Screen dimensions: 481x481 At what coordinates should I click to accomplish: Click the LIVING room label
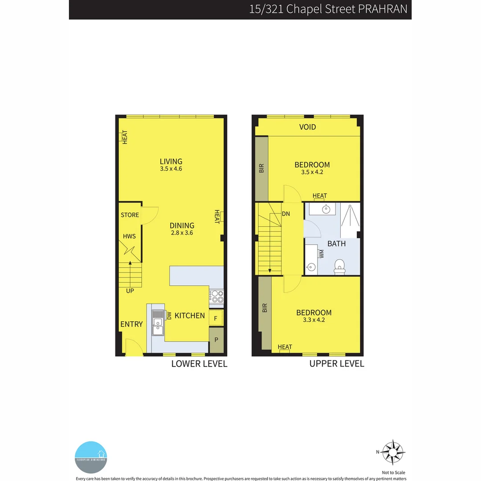click(x=171, y=162)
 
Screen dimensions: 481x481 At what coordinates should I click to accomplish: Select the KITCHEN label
click(x=190, y=316)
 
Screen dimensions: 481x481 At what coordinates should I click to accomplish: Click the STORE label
click(x=130, y=215)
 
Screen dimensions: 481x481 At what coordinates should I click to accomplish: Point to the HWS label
click(x=130, y=236)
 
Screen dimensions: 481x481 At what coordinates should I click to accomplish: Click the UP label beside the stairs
click(x=130, y=291)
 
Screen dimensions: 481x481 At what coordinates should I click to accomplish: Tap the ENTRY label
click(x=131, y=324)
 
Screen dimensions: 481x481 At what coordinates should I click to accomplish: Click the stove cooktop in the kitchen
click(x=216, y=296)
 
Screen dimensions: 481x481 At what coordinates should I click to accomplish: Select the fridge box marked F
click(x=216, y=318)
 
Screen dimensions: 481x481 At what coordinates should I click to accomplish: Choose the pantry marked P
click(x=216, y=339)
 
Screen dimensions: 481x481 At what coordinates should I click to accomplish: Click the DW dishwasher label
click(x=169, y=316)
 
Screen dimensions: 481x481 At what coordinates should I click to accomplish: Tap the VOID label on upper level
click(x=307, y=127)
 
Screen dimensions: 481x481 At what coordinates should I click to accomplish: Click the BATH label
click(x=337, y=244)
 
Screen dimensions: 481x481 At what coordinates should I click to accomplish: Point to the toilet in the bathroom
click(x=340, y=267)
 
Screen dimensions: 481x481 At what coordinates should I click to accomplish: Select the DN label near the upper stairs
click(x=286, y=214)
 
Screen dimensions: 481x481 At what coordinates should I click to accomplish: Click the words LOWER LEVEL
click(x=199, y=364)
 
